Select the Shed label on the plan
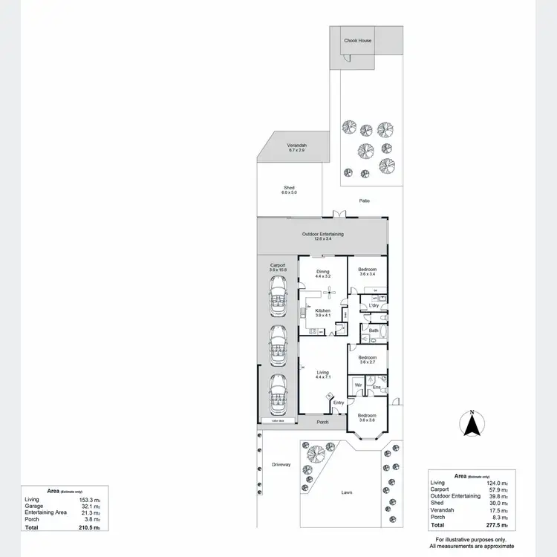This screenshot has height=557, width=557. (x=289, y=189)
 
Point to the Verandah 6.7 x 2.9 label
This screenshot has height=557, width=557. (x=297, y=147)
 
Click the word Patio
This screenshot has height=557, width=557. (x=364, y=201)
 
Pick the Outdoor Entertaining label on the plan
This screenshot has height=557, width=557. (x=322, y=236)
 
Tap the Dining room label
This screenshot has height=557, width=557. (x=322, y=273)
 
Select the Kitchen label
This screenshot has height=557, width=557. (x=322, y=312)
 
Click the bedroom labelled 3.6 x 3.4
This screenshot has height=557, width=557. (x=368, y=271)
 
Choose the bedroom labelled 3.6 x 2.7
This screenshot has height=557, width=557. (x=368, y=359)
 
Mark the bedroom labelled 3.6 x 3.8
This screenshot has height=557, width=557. (x=368, y=417)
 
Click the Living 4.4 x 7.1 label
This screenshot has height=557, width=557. (x=322, y=374)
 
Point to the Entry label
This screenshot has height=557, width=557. (x=339, y=403)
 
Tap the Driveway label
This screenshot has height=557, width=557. (x=281, y=464)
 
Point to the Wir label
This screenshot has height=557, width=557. (x=358, y=385)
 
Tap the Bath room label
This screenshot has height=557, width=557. (x=374, y=330)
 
